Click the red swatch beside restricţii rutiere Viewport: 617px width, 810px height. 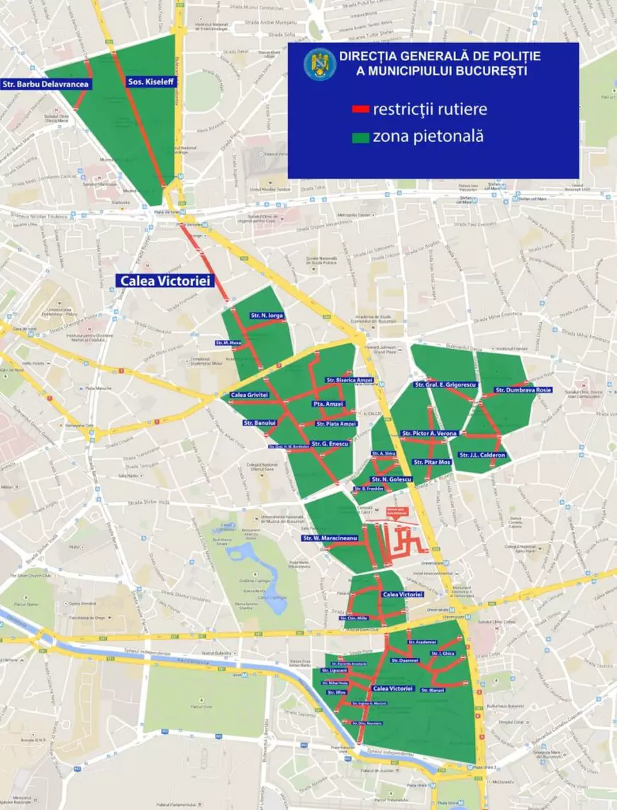pyautogui.click(x=360, y=110)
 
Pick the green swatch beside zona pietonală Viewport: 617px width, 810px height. pyautogui.click(x=360, y=137)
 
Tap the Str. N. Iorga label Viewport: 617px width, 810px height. pyautogui.click(x=266, y=315)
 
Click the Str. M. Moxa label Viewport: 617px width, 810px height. pyautogui.click(x=229, y=343)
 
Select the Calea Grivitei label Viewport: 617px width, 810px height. pyautogui.click(x=248, y=394)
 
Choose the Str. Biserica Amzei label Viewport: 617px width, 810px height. pyautogui.click(x=349, y=380)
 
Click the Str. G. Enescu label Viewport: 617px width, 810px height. pyautogui.click(x=331, y=443)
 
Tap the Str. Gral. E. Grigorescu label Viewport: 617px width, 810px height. pyautogui.click(x=445, y=385)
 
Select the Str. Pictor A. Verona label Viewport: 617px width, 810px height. pyautogui.click(x=430, y=433)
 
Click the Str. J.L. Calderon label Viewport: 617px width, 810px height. pyautogui.click(x=482, y=455)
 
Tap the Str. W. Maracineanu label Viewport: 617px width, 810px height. pyautogui.click(x=329, y=538)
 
